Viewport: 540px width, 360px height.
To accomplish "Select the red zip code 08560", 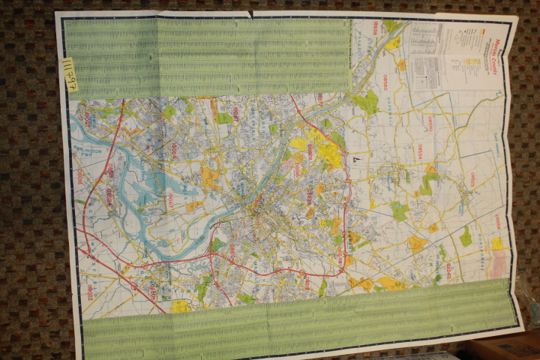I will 298,171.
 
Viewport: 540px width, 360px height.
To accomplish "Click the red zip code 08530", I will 430,121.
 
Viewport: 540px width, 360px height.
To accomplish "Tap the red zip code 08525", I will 472,179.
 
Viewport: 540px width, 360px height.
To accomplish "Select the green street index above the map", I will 206,56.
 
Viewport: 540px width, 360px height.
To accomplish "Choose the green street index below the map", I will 300,319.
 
